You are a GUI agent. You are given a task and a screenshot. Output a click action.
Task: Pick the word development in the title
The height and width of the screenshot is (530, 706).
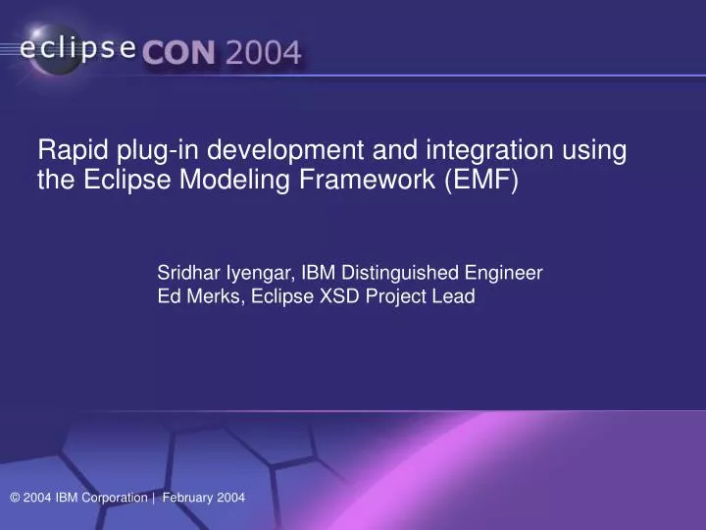coord(264,152)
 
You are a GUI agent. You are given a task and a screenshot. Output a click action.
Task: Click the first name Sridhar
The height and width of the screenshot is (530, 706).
coord(188,273)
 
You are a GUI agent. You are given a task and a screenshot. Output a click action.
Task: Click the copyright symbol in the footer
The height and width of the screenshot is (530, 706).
coord(15,499)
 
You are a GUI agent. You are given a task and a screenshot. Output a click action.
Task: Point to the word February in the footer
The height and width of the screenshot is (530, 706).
coord(187,499)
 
